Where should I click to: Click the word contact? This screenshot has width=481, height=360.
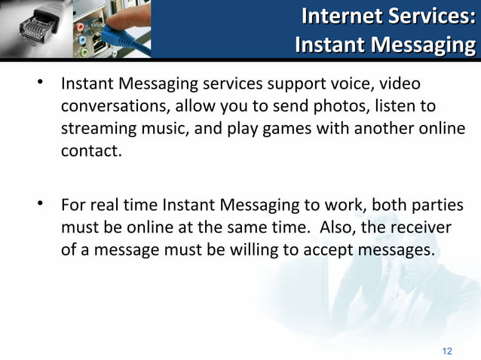pos(89,150)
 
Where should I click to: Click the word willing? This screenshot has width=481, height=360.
pos(253,249)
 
